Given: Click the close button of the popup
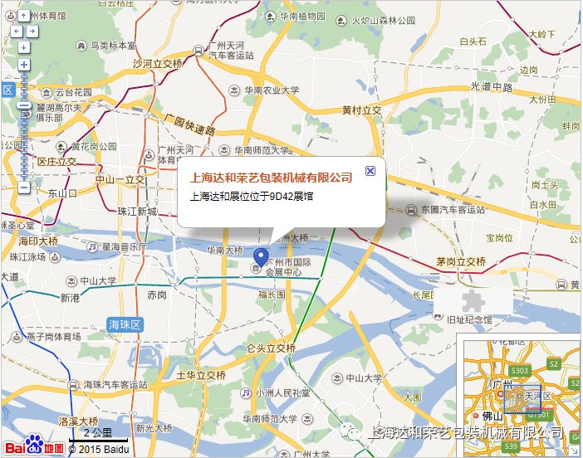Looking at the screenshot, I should pyautogui.click(x=370, y=170).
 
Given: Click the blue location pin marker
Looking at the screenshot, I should pyautogui.click(x=261, y=257).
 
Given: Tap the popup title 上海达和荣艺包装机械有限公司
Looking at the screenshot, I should pyautogui.click(x=272, y=177).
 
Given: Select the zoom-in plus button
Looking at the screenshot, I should pyautogui.click(x=24, y=65).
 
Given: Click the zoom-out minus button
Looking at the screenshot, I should pyautogui.click(x=24, y=188).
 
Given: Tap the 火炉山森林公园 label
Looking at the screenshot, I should pyautogui.click(x=383, y=21).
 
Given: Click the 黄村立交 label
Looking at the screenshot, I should pyautogui.click(x=361, y=110).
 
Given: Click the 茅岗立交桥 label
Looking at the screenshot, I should pyautogui.click(x=461, y=261).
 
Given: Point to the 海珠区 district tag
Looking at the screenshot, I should pyautogui.click(x=125, y=324).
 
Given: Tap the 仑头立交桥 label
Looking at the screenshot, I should pyautogui.click(x=272, y=348).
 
